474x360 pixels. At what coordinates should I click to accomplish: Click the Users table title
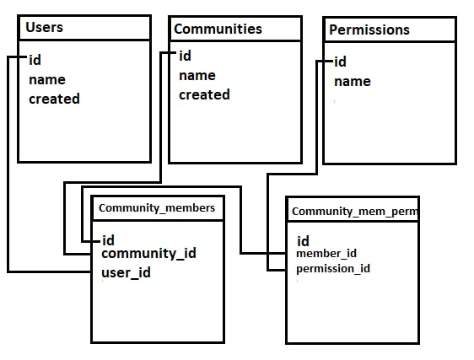point(44,27)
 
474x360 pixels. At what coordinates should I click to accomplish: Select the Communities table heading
point(218,29)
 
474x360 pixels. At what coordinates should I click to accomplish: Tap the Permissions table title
point(369,30)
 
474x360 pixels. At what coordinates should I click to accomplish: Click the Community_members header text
point(157,208)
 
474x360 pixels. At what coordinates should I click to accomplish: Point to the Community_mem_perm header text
point(354,212)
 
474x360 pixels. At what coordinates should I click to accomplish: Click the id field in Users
point(35,60)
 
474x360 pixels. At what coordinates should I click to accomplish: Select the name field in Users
point(47,80)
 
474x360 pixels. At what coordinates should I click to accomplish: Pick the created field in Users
point(55,99)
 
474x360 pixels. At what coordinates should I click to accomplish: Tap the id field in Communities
point(185,56)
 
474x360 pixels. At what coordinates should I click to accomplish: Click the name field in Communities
point(197,76)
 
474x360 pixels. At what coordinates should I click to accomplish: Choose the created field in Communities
point(204,94)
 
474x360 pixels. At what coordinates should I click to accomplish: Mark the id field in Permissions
point(341,62)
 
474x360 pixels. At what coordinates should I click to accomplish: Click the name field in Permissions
point(353,82)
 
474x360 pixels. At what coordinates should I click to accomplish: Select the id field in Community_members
point(109,240)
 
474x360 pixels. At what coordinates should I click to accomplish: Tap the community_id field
point(148,253)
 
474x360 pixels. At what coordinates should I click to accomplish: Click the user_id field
point(126,273)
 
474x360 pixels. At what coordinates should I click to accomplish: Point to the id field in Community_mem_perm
point(303,241)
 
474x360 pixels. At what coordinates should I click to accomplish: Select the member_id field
point(326,253)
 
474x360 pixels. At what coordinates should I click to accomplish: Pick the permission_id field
point(333,269)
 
